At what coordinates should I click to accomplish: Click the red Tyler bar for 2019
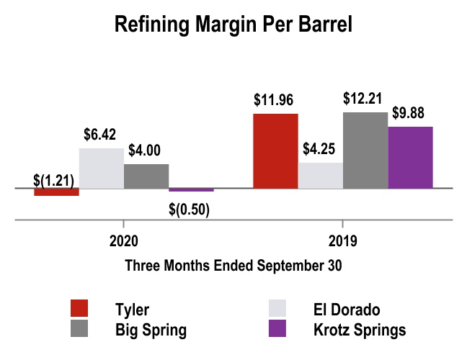[x=275, y=151]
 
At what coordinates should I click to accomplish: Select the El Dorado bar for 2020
[x=101, y=168]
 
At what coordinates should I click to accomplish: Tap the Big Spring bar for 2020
[x=146, y=176]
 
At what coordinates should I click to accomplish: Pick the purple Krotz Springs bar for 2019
[x=410, y=158]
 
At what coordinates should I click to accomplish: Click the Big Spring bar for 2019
[x=365, y=150]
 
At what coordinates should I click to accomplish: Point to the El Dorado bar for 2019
[x=320, y=176]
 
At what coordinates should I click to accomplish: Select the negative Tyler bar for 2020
[x=56, y=192]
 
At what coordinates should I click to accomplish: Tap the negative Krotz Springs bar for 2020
[x=191, y=190]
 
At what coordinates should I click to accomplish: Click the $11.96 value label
[x=275, y=101]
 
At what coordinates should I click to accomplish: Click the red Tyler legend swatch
[x=80, y=310]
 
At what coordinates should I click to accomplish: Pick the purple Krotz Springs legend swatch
[x=277, y=330]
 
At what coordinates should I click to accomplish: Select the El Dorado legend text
[x=347, y=310]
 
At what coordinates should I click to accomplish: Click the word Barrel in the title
[x=322, y=27]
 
